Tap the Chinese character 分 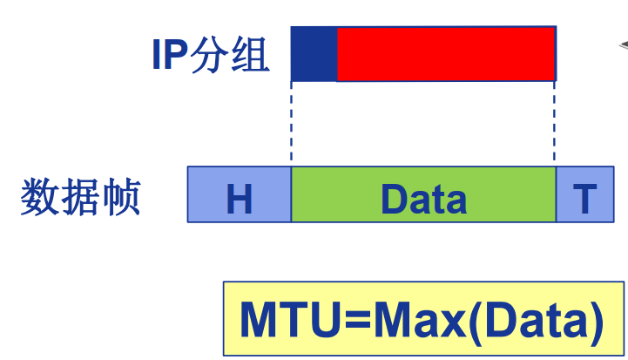215,54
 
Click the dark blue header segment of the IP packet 314,53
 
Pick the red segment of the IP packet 445,53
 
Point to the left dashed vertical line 292,123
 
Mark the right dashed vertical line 555,123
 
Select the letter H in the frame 239,200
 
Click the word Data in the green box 423,199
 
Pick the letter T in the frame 584,200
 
